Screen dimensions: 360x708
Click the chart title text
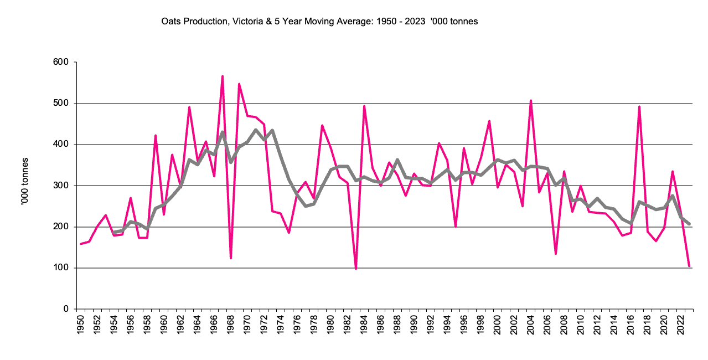click(x=319, y=22)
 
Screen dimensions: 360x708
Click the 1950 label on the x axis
click(x=81, y=325)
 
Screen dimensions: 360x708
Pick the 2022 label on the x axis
click(x=680, y=325)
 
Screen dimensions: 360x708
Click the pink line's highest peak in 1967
click(x=222, y=76)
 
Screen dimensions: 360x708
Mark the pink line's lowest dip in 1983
click(x=356, y=269)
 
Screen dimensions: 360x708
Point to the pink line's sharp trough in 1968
click(x=231, y=258)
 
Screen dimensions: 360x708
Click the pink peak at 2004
click(x=531, y=101)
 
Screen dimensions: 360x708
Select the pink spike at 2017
click(x=639, y=106)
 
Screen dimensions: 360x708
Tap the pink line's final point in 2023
click(x=689, y=266)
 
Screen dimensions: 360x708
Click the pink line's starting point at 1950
click(x=81, y=244)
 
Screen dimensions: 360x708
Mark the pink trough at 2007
click(x=556, y=254)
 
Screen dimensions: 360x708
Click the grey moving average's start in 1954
click(x=114, y=232)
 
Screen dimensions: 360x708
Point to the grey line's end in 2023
click(x=689, y=224)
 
